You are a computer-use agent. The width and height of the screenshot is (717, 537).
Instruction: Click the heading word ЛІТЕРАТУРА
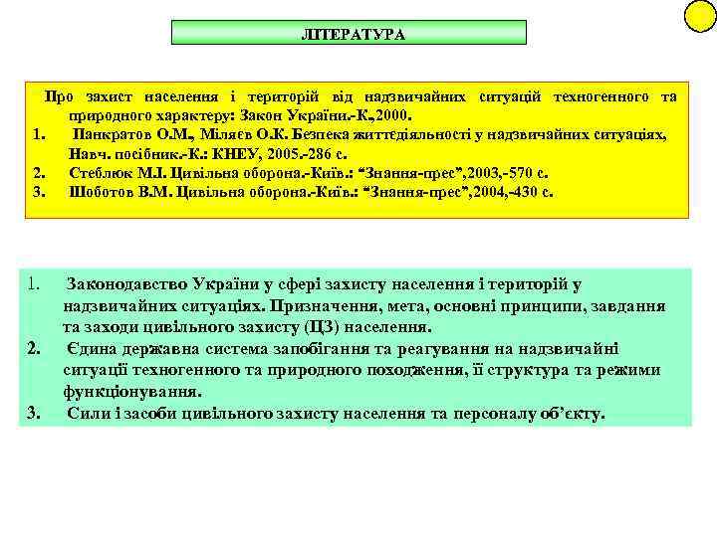(x=353, y=34)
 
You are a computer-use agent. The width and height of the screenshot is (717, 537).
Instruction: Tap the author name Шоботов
(x=103, y=192)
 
